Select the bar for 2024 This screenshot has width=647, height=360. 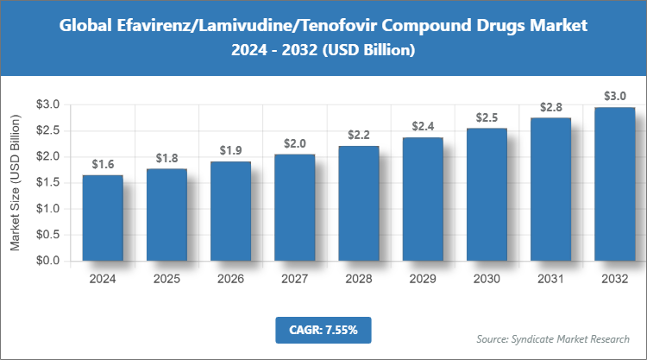point(103,218)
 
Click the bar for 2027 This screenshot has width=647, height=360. point(294,207)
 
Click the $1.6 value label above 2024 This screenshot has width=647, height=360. point(103,164)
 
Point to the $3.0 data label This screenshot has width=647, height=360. point(615,96)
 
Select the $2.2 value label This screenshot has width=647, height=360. point(359,136)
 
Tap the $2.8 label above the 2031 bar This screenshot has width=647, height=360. point(551,107)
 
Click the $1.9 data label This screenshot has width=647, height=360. point(231,150)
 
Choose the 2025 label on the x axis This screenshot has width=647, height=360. point(166,279)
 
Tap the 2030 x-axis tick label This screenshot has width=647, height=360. point(487,279)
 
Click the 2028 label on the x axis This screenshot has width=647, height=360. point(359,279)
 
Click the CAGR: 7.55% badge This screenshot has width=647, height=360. point(323,329)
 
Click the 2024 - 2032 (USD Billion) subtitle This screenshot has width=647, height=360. point(323,52)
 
